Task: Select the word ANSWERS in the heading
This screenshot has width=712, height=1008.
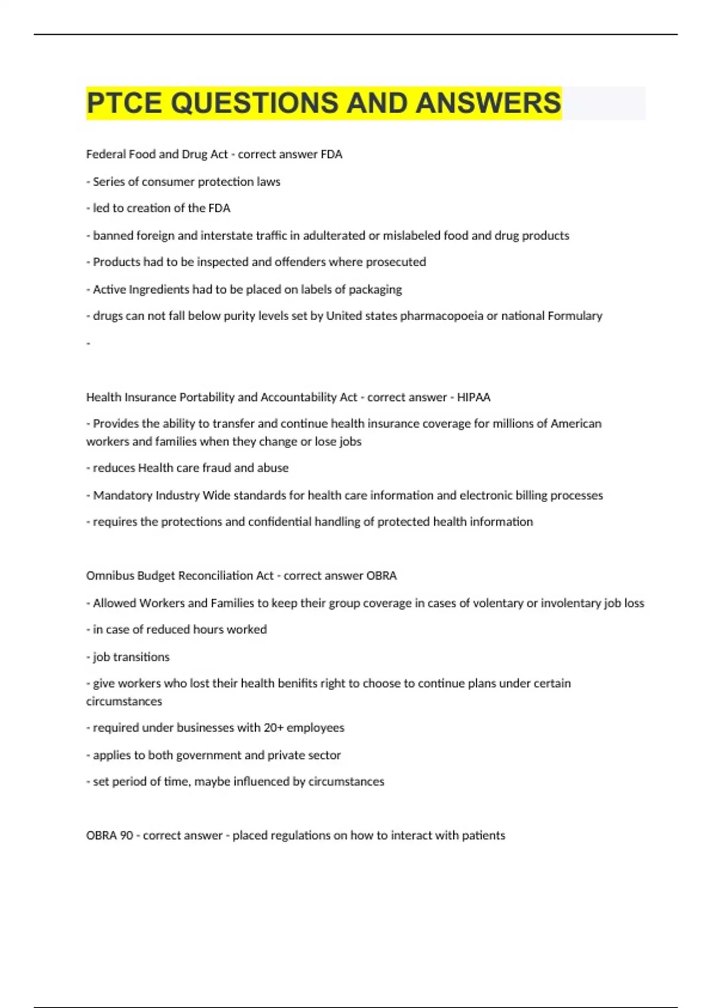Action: pyautogui.click(x=488, y=103)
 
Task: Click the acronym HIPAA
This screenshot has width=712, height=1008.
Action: pyautogui.click(x=473, y=397)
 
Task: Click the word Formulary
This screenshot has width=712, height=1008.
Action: pyautogui.click(x=574, y=316)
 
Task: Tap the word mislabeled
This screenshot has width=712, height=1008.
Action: pyautogui.click(x=411, y=235)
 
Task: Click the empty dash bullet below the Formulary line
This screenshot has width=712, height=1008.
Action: pyautogui.click(x=88, y=343)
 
